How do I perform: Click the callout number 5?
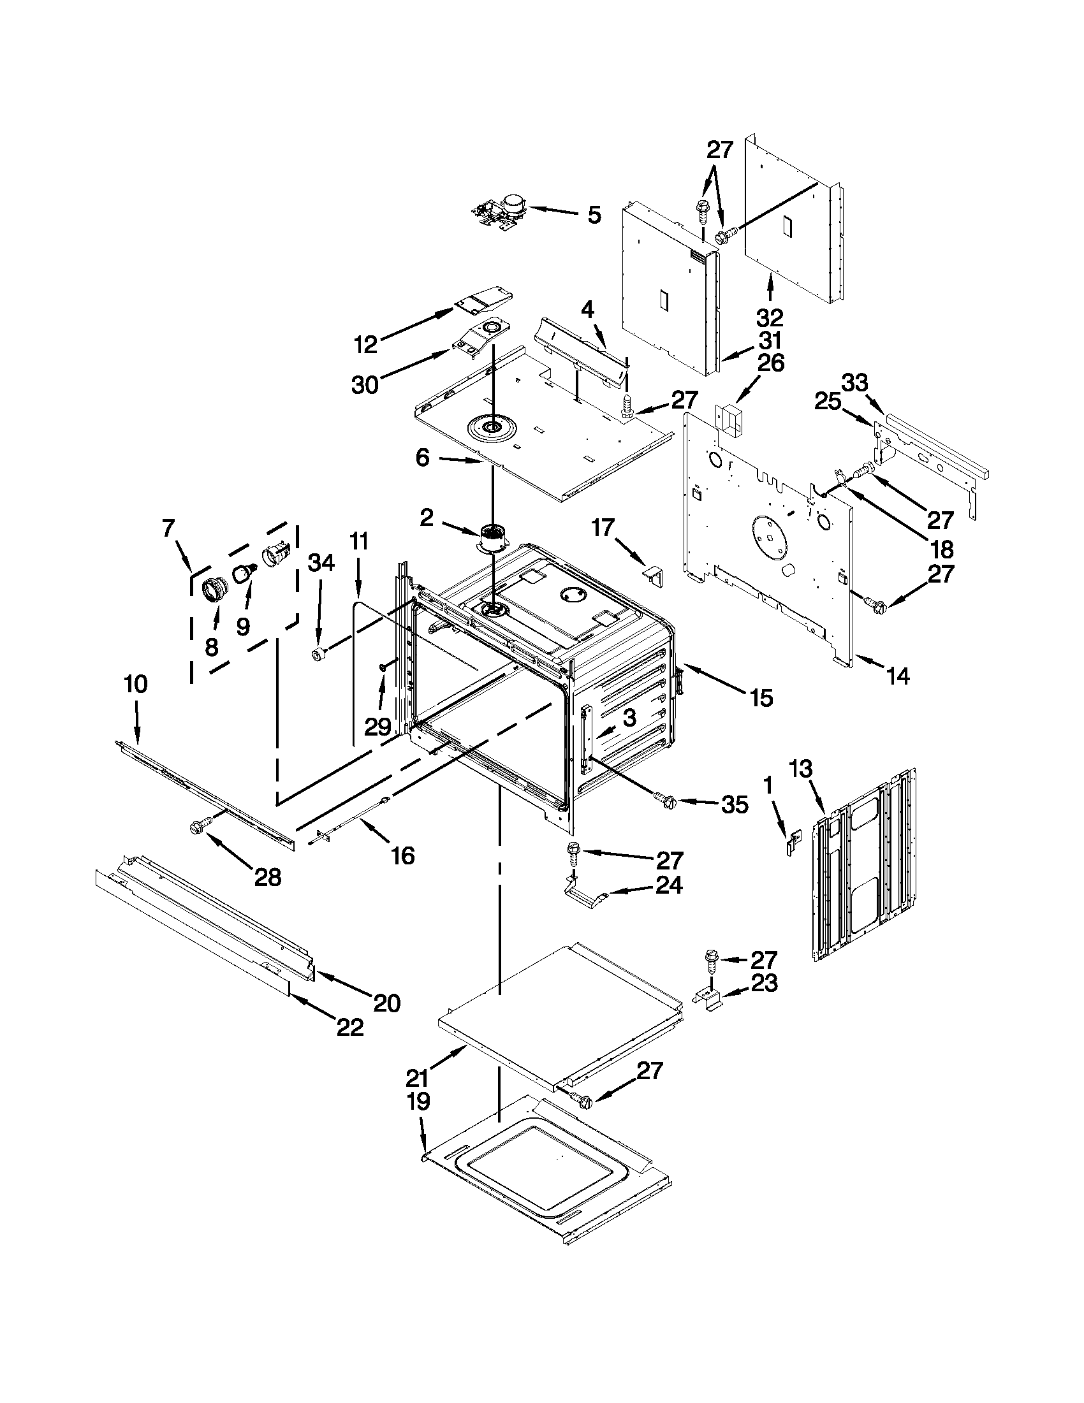pyautogui.click(x=594, y=215)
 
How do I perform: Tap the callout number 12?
pyautogui.click(x=365, y=345)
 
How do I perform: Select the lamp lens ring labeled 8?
pyautogui.click(x=214, y=588)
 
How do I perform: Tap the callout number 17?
pyautogui.click(x=603, y=528)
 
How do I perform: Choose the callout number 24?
pyautogui.click(x=668, y=886)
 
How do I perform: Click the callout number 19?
pyautogui.click(x=418, y=1101)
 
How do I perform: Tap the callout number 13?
pyautogui.click(x=801, y=768)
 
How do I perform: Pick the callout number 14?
pyautogui.click(x=898, y=675)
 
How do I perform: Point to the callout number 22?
pyautogui.click(x=350, y=1026)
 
